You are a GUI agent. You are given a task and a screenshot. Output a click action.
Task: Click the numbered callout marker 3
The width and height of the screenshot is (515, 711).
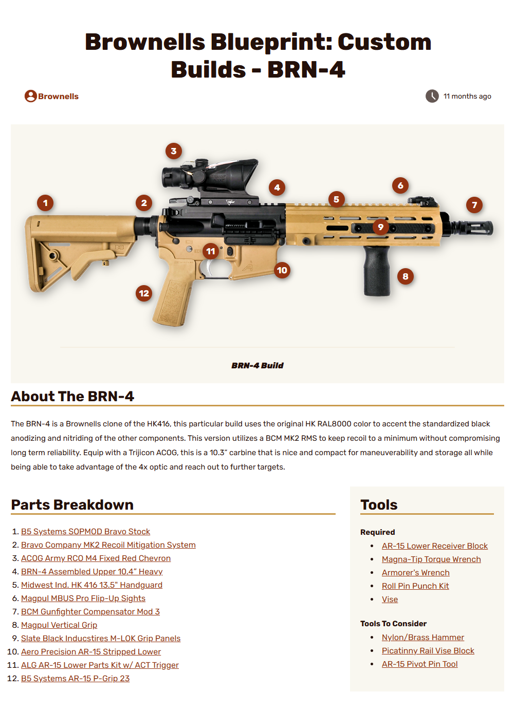point(174,151)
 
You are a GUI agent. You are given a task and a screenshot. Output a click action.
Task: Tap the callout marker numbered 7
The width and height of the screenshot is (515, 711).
point(474,205)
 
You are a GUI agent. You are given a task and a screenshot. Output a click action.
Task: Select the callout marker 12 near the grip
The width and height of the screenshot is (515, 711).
point(144,293)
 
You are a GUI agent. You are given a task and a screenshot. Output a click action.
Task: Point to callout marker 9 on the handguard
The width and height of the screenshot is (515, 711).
point(380,227)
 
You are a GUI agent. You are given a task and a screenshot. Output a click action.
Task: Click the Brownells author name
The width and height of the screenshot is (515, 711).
point(58,97)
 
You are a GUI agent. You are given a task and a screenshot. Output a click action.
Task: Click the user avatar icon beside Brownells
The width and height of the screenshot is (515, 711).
point(31,96)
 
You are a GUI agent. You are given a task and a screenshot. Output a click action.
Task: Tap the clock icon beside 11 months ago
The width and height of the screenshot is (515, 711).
point(432,96)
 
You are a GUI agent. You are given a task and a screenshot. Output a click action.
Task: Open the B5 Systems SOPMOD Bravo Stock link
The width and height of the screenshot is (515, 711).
point(85,532)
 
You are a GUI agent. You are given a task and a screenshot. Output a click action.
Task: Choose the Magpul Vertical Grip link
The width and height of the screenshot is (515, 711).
point(59,625)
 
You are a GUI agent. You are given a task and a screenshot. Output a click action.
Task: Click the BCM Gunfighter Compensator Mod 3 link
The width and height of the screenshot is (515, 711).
point(90,612)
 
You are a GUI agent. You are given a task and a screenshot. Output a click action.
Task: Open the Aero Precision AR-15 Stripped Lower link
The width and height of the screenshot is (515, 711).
point(91,652)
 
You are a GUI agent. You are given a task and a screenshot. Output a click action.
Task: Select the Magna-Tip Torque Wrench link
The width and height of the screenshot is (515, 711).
point(431,559)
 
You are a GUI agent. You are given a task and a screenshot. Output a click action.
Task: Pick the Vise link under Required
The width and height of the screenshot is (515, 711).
point(390,600)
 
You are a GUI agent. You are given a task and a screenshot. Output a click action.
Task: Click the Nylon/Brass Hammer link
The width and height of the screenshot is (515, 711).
point(422,638)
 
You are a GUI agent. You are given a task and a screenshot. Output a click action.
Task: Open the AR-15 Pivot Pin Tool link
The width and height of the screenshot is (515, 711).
point(419,664)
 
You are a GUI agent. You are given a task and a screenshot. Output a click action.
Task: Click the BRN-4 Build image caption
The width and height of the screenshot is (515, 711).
point(257,366)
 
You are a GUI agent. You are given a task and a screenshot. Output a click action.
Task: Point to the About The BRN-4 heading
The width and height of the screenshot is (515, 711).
point(72,397)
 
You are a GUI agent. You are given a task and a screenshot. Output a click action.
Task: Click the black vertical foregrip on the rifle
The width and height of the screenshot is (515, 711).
point(377,272)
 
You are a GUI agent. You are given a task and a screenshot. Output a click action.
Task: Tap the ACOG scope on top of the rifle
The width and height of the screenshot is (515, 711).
point(216,175)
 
